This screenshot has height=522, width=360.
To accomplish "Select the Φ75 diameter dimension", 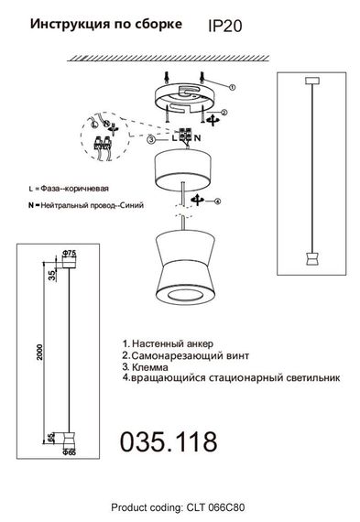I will pos(68,252).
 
